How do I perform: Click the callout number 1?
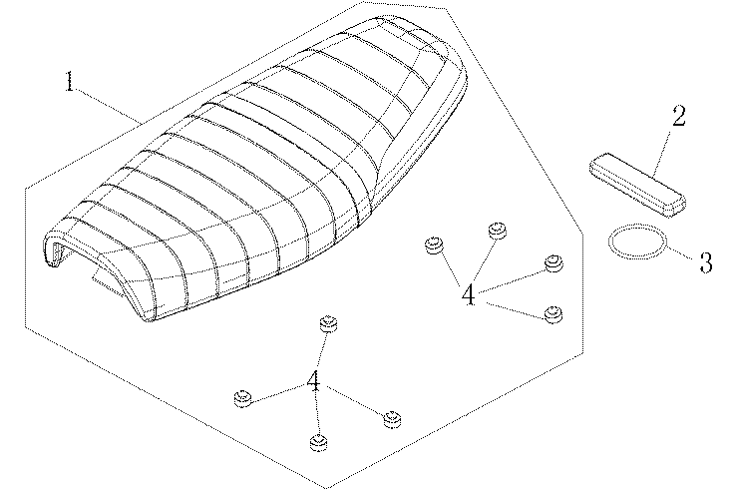69,82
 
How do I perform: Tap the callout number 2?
679,116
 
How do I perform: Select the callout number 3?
706,262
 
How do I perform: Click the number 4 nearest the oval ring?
469,294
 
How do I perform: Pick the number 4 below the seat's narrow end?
313,380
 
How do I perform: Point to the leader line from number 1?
110,106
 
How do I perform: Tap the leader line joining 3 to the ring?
682,251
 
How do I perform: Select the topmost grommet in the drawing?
497,231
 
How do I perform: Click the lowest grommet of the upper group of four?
553,314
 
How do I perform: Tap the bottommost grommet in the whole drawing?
318,442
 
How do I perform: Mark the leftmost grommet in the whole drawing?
243,398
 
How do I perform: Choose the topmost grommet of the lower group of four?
328,323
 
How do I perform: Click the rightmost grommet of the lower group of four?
392,419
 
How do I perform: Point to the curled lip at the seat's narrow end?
54,250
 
